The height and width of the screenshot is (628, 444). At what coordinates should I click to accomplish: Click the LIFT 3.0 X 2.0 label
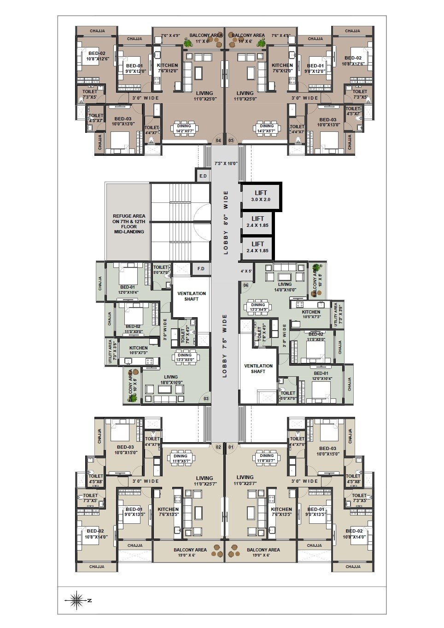(x=261, y=196)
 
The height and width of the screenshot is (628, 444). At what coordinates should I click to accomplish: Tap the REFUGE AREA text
(x=129, y=224)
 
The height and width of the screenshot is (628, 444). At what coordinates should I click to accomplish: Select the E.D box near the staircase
(x=203, y=176)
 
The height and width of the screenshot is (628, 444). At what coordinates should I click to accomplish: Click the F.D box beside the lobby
(x=201, y=269)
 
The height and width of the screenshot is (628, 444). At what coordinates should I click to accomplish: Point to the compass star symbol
(x=77, y=600)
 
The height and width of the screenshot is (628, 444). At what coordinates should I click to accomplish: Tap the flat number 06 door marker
(x=245, y=285)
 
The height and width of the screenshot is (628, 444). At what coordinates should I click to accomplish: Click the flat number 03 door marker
(x=206, y=399)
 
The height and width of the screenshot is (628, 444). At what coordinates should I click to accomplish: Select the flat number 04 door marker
(x=218, y=141)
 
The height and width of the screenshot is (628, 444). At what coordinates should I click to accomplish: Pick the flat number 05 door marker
(x=231, y=141)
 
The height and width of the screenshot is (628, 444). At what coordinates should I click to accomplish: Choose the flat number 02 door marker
(x=218, y=447)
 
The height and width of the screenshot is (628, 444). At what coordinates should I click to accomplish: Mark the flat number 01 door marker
(x=231, y=447)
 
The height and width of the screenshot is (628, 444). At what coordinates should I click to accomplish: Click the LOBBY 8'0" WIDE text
(x=226, y=222)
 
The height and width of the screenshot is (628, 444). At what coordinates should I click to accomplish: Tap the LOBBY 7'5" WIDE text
(x=225, y=346)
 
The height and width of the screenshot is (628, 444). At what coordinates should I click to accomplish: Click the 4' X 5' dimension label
(x=246, y=271)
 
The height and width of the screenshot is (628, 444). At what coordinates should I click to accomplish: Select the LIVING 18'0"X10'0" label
(x=171, y=379)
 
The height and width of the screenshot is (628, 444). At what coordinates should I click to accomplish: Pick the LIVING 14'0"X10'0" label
(x=285, y=287)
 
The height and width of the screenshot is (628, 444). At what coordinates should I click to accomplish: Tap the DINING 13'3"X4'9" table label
(x=258, y=307)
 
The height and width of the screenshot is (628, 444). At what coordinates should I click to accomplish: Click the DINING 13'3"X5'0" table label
(x=185, y=357)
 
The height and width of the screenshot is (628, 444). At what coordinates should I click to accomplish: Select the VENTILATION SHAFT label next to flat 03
(x=192, y=296)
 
